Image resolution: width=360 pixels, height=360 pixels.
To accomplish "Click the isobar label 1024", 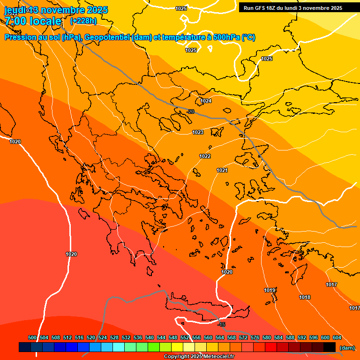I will pos(206,101).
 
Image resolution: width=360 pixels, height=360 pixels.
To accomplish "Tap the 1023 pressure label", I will pos(198,133).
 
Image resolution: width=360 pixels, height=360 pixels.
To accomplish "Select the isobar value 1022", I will pos(205,156).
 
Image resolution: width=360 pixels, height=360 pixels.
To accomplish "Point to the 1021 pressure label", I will pos(222,170).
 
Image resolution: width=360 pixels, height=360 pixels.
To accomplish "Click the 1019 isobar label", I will pos(270,291).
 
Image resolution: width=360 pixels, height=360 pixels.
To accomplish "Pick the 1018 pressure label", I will pos(305,297).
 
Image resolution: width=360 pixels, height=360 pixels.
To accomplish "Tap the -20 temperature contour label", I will pos(190,112).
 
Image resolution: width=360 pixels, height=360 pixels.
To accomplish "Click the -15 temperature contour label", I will pos(222,324).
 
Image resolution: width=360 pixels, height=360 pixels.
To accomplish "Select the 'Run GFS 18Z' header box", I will pos(293,8).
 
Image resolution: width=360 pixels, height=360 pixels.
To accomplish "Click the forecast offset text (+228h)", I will pos(83,21).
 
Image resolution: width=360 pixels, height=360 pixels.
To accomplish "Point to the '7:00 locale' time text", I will pos(33,21).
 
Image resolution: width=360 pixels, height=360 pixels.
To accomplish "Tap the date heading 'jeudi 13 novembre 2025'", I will pos(56,10).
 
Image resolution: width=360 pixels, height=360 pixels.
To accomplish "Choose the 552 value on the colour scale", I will pos(185,337).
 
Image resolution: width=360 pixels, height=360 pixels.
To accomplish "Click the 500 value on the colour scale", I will pos(32,337).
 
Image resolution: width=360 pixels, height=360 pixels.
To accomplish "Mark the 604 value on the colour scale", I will pos(337,337).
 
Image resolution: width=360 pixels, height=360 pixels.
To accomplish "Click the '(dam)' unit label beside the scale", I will pos(346,348).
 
